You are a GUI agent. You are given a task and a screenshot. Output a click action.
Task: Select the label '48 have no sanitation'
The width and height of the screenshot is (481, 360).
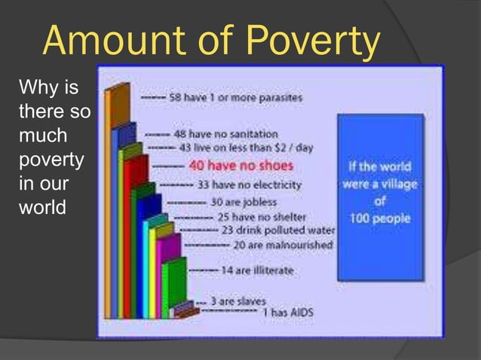pos(226,134)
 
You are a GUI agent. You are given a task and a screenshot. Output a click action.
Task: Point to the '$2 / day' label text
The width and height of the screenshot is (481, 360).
pos(293,147)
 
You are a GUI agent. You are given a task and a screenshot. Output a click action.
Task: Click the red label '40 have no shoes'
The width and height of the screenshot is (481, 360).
pos(240,165)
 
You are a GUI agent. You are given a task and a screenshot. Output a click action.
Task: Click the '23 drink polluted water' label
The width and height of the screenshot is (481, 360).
pos(267,230)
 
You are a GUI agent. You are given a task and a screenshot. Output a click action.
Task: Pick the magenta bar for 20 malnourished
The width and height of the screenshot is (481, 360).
pos(168,271)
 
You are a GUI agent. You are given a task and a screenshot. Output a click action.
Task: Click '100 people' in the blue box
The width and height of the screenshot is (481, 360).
pos(380,218)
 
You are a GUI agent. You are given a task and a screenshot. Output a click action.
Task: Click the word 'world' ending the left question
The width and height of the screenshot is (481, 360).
pos(42,206)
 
